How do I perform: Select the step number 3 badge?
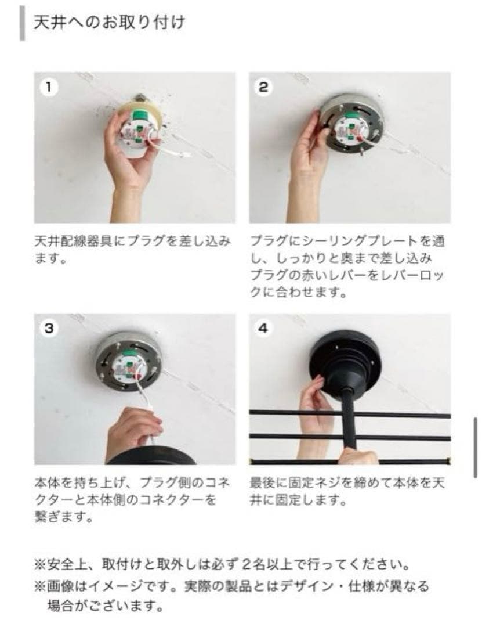pyautogui.click(x=49, y=329)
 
